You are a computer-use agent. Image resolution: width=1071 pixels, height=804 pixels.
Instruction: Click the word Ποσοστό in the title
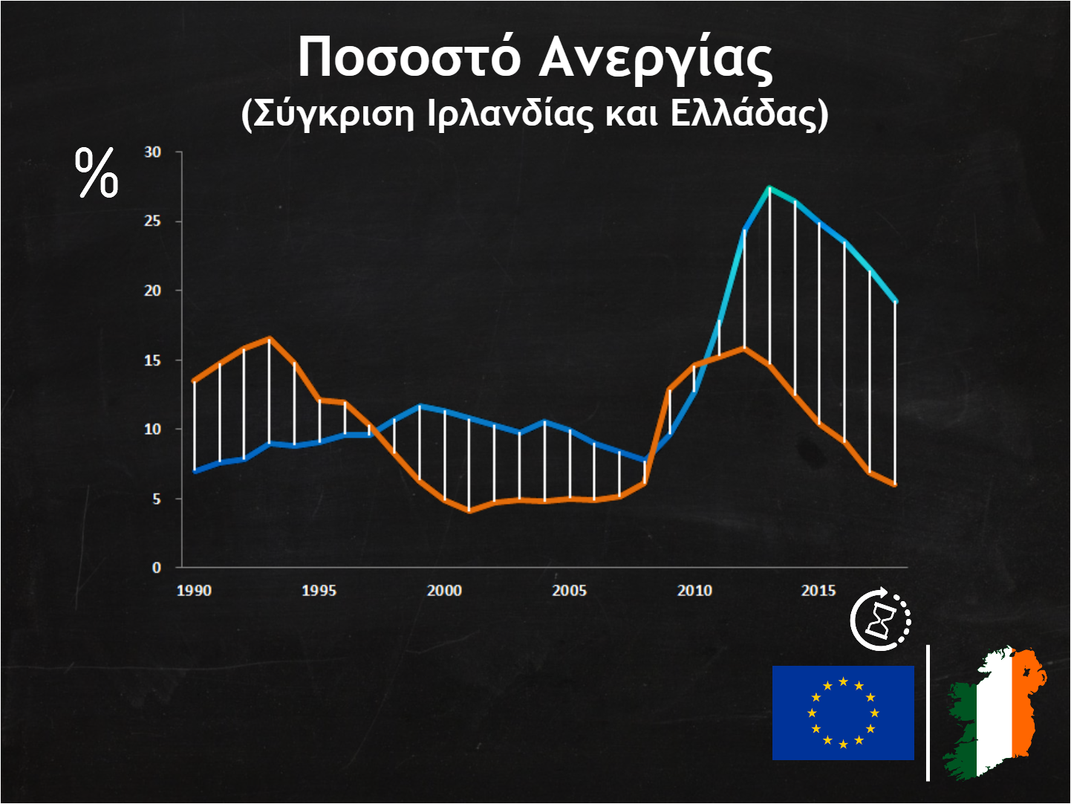tap(409, 57)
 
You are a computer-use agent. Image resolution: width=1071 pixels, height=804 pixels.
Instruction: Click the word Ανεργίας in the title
tap(655, 59)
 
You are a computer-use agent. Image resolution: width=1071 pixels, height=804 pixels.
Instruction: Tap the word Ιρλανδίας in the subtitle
tap(510, 114)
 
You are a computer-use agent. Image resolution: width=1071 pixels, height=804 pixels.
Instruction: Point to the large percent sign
tap(97, 173)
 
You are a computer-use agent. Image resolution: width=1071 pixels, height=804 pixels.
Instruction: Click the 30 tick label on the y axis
tap(152, 152)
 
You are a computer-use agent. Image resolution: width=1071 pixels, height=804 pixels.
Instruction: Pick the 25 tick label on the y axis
tap(152, 221)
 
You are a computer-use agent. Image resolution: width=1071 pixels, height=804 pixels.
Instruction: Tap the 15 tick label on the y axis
tap(152, 360)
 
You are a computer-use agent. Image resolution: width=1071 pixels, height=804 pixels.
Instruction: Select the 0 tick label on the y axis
tap(156, 568)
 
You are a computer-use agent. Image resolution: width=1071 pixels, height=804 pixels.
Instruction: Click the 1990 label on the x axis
tap(194, 591)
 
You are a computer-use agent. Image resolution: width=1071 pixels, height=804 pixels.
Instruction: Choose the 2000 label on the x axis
tap(444, 591)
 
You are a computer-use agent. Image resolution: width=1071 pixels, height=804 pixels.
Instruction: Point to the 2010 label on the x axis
tap(694, 591)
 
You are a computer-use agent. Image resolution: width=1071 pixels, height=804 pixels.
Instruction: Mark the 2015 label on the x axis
tap(818, 591)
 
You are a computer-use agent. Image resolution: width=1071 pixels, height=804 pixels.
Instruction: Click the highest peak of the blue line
tap(769, 187)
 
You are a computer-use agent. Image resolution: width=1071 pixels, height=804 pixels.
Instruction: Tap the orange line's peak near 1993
tap(270, 338)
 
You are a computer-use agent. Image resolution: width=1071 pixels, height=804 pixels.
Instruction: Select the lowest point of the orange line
tap(469, 511)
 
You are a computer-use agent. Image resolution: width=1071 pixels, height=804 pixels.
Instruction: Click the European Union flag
tap(843, 713)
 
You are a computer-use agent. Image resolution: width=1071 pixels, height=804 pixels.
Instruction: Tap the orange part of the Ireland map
tap(1028, 698)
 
